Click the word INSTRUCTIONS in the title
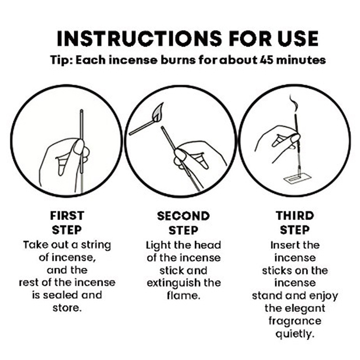[139, 38]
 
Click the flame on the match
[159, 112]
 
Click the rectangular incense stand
[297, 179]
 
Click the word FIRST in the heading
[67, 216]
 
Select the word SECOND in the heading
[184, 216]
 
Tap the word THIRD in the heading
[295, 216]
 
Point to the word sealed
[60, 295]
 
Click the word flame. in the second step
[184, 295]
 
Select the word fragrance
[295, 321]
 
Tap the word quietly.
[295, 333]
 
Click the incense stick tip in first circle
[81, 111]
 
